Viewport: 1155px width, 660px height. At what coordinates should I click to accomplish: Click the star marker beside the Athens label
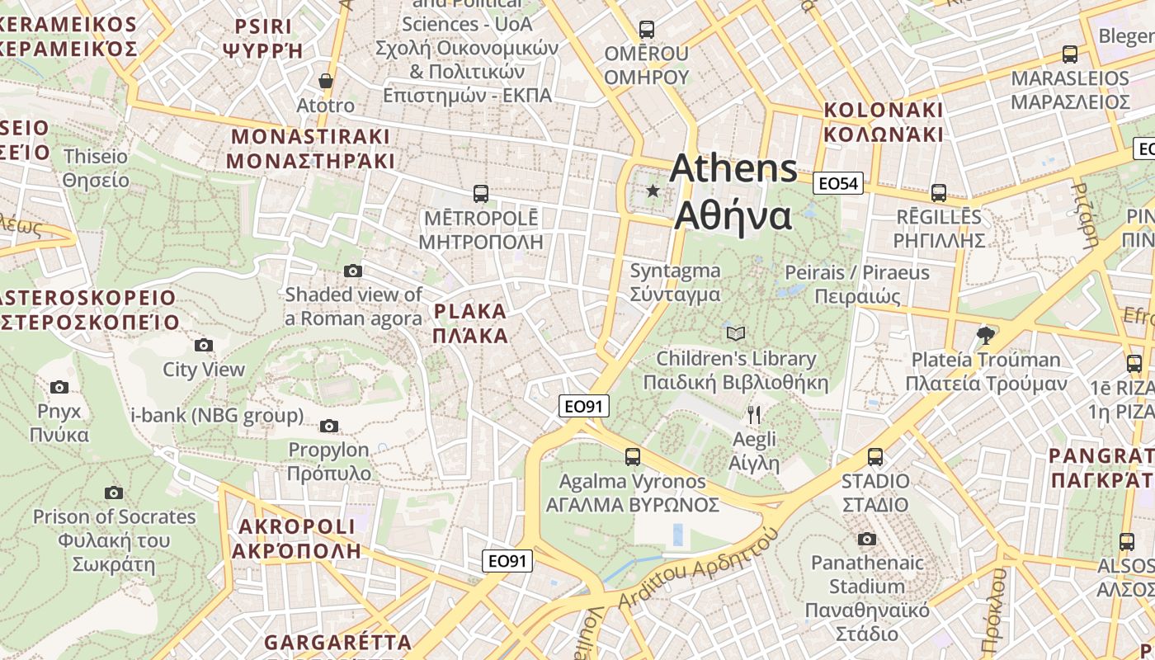653,191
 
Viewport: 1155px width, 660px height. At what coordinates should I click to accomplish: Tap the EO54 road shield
837,183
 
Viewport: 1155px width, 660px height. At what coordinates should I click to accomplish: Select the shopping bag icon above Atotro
326,81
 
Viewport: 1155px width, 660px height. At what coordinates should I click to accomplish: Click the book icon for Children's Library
735,333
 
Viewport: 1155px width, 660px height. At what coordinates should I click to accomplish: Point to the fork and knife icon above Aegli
753,414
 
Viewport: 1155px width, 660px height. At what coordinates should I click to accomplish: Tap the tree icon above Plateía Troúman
984,335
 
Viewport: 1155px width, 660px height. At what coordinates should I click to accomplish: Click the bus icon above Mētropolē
480,194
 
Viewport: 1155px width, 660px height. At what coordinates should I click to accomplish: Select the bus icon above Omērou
647,30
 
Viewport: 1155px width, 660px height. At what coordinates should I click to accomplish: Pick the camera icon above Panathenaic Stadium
866,539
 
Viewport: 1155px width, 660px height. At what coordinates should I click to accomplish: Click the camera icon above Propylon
328,426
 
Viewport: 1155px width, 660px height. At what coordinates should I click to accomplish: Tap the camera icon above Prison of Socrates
113,493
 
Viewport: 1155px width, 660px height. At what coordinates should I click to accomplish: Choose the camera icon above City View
203,345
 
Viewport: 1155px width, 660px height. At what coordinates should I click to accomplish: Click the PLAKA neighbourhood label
470,323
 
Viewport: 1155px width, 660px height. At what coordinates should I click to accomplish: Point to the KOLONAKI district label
883,121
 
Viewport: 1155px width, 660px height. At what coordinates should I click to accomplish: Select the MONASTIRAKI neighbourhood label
310,148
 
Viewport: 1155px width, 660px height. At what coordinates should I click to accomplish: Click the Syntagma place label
675,282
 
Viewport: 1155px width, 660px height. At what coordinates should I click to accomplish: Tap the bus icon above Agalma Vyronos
632,456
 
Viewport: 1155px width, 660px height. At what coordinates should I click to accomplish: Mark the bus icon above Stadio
874,456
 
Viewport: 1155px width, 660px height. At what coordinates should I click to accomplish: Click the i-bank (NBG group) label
217,415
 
